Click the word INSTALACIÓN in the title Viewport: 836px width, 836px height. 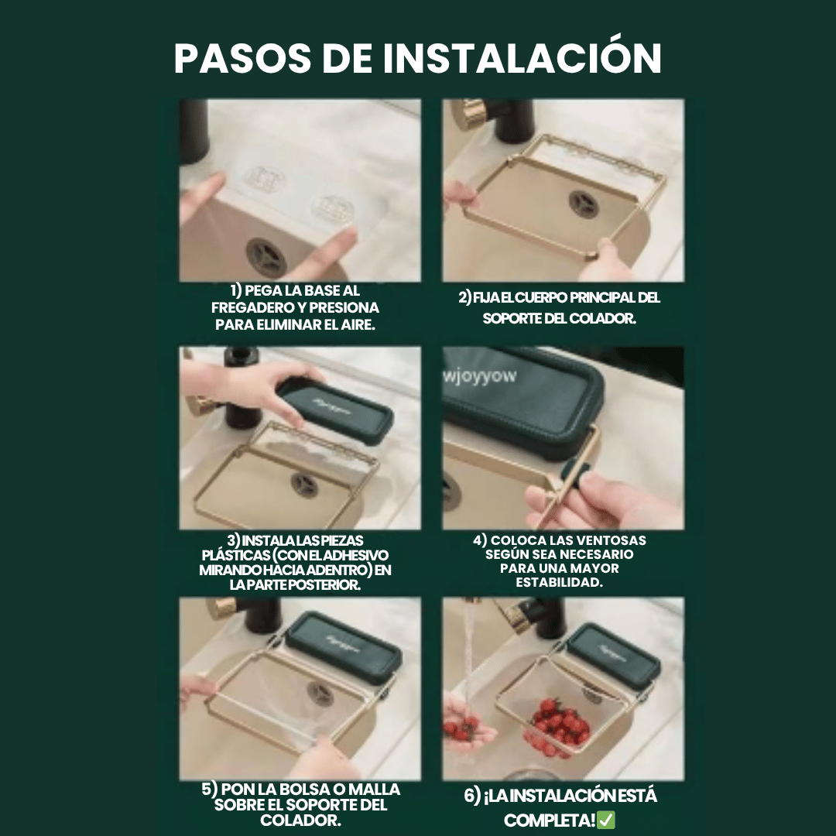522,60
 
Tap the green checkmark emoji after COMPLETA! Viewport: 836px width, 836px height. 606,820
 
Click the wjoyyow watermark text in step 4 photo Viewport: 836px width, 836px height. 480,377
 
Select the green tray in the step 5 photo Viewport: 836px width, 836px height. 343,642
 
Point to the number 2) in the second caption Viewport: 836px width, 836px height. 465,298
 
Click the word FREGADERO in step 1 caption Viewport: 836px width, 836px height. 249,307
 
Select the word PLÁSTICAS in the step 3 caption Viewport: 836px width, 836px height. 237,555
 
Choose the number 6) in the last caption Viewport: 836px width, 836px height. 472,797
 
